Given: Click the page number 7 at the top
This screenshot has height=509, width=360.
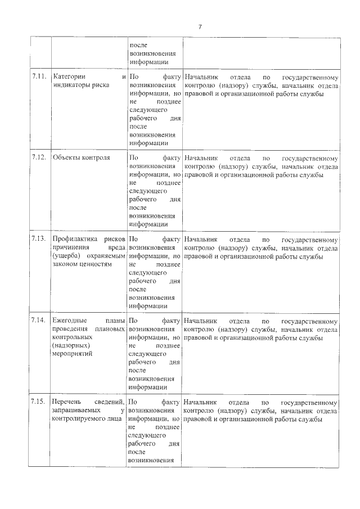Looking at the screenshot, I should [x=200, y=26].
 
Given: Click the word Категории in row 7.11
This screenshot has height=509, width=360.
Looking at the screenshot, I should [x=69, y=76].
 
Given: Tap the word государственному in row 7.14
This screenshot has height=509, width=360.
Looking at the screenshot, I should [x=310, y=319].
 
